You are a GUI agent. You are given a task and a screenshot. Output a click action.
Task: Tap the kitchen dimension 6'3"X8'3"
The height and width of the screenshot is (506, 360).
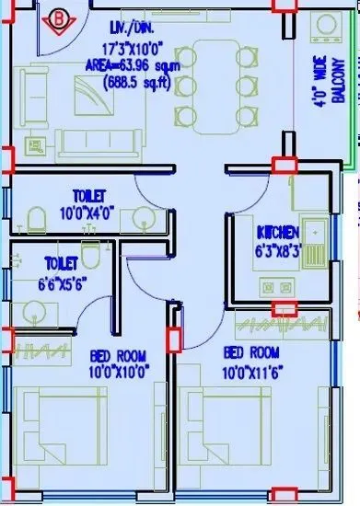(x=274, y=247)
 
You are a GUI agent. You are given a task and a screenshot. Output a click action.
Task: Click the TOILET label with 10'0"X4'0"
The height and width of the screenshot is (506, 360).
(x=89, y=195)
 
